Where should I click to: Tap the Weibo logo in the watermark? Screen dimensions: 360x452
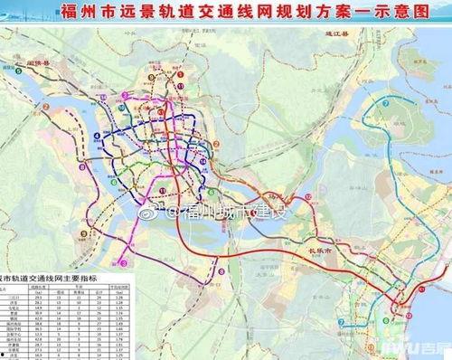click(x=174, y=213)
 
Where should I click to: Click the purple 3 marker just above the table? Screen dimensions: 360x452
click(x=128, y=262)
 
